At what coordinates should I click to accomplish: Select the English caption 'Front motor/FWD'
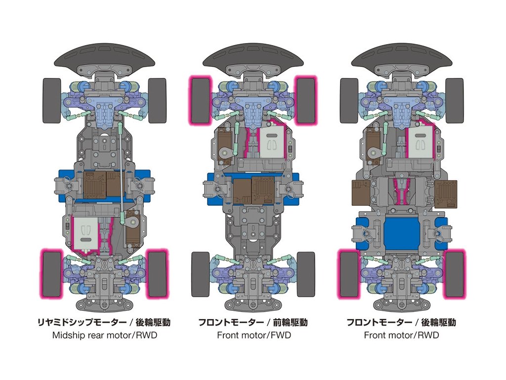[x=254, y=335]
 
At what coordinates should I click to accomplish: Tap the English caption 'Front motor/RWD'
[x=401, y=335]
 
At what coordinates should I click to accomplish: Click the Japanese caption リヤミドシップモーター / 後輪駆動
[x=104, y=323]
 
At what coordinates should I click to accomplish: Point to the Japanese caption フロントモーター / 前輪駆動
[x=253, y=323]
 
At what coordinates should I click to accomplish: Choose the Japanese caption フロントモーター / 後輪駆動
[x=401, y=323]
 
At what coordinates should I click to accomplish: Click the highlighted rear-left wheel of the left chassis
[x=51, y=274]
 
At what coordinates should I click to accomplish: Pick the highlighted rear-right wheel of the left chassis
[x=158, y=274]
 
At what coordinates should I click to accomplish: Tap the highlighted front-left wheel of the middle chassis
[x=200, y=100]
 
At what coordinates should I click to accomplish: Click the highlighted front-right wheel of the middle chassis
[x=305, y=100]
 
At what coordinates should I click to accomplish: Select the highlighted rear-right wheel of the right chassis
[x=455, y=274]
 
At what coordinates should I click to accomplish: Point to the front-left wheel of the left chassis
[x=51, y=100]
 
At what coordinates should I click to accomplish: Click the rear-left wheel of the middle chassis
[x=200, y=274]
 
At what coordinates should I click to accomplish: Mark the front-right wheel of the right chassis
[x=455, y=100]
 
